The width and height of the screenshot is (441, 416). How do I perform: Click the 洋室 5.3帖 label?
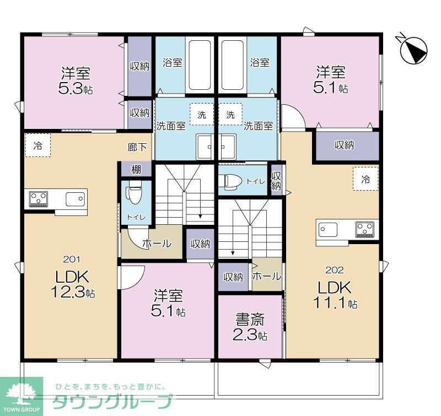(76, 80)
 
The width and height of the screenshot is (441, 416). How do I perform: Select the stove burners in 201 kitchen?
(38, 197)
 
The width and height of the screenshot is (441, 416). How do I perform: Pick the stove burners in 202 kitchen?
(364, 228)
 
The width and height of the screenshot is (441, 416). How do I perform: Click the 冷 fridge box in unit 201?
(37, 146)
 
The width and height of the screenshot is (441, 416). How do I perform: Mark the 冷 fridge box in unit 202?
(365, 179)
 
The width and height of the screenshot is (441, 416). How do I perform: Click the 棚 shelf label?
(136, 169)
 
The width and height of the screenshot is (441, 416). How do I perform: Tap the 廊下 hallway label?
(137, 147)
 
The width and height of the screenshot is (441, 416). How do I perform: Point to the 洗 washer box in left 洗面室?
(202, 115)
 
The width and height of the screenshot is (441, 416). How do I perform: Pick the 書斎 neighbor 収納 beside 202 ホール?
(233, 277)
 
